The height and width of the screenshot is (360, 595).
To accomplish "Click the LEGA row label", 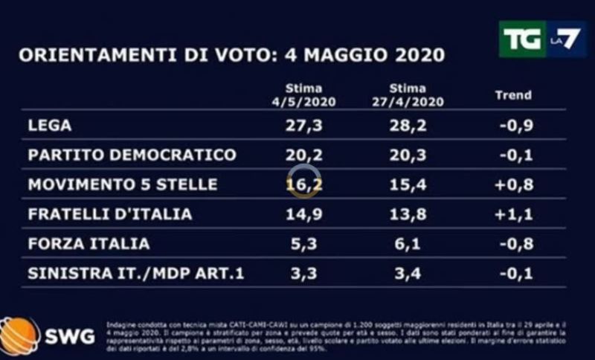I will click(x=49, y=125).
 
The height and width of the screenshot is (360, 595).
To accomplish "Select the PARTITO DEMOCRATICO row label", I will click(x=132, y=155).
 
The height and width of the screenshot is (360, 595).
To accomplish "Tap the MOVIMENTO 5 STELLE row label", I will click(x=122, y=184).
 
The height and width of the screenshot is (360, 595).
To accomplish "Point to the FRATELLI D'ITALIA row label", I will click(x=109, y=214).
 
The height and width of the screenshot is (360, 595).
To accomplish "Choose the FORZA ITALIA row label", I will click(x=89, y=243).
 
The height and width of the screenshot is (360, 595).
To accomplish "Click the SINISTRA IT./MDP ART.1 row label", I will click(x=135, y=273).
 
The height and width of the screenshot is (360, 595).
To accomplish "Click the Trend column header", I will click(x=513, y=95).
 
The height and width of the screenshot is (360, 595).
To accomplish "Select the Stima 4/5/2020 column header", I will click(x=303, y=96).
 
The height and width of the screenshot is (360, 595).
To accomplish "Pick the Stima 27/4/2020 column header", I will click(x=407, y=96).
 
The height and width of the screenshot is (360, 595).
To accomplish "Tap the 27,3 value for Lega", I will click(x=303, y=125).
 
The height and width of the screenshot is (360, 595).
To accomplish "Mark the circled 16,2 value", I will click(x=303, y=184).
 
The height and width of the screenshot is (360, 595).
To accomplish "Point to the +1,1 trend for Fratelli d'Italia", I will click(x=514, y=214).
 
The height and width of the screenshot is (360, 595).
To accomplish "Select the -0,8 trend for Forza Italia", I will click(x=514, y=243).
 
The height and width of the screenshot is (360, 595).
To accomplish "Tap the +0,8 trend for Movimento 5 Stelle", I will click(x=514, y=184).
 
